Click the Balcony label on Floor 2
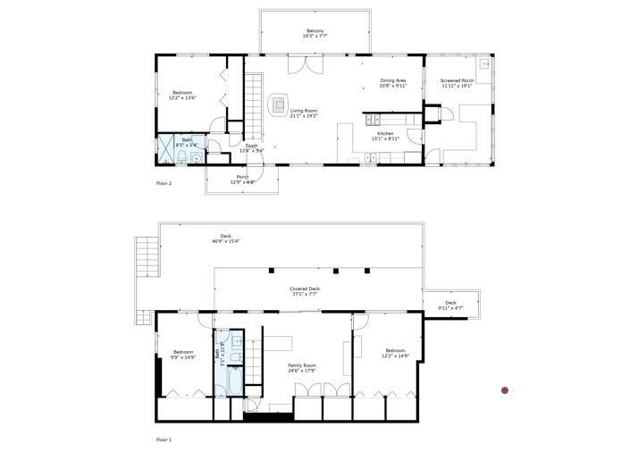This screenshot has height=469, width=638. [x=315, y=34]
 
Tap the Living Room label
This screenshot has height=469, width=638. [x=304, y=113]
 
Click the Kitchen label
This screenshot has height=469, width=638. [x=385, y=137]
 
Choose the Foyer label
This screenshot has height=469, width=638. [x=252, y=147]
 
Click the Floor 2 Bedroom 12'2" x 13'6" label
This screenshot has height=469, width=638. [x=183, y=96]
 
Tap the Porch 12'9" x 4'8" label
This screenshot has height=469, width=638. [x=242, y=180]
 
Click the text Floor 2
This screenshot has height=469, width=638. [x=164, y=183]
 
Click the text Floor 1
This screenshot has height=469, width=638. [x=164, y=440]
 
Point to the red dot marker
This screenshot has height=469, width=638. [x=505, y=390]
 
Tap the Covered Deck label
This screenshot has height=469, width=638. [x=305, y=291]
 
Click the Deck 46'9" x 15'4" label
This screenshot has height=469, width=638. [x=225, y=239]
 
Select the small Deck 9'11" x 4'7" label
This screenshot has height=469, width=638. [x=451, y=306]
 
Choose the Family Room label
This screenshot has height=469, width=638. [x=302, y=368]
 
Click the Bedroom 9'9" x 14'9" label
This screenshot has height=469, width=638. [x=183, y=355]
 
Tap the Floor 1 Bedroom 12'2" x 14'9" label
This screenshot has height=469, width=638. [x=396, y=353]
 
